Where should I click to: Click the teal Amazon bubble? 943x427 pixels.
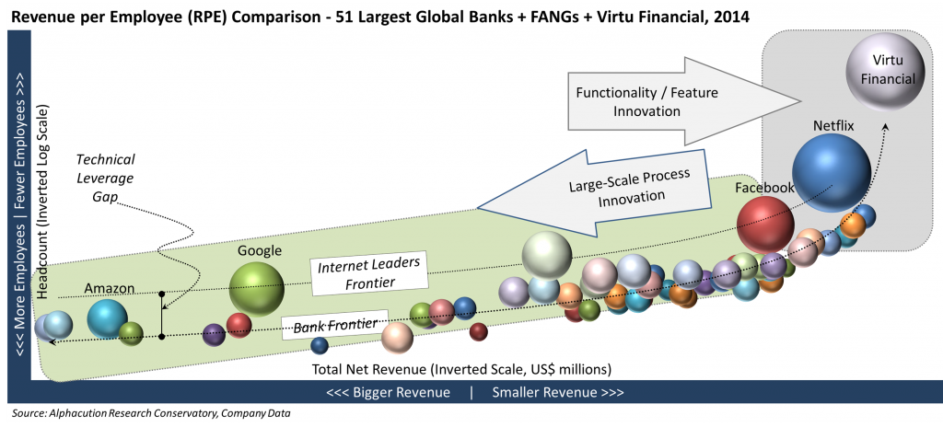tap(108, 317)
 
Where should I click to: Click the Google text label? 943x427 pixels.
tap(259, 250)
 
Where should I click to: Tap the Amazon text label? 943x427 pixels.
tap(110, 288)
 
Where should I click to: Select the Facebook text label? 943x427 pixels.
tap(764, 188)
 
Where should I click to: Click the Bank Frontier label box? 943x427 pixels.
tap(332, 326)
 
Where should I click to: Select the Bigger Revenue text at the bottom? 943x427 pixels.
tap(388, 392)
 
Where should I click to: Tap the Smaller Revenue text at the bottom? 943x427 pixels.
tap(558, 392)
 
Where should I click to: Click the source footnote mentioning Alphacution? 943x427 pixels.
tap(152, 412)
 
